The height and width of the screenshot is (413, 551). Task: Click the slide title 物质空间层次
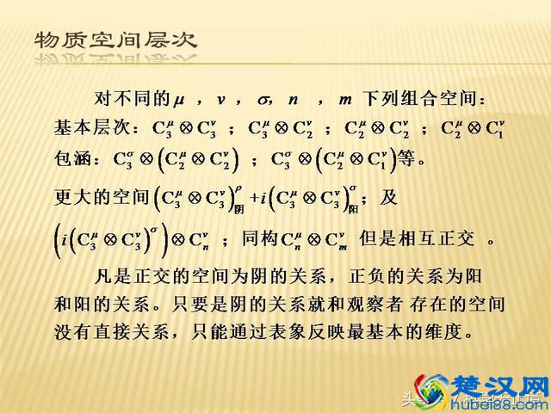click(x=115, y=40)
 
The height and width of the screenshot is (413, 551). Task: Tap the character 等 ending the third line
click(x=410, y=159)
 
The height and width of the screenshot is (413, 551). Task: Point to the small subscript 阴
click(x=238, y=208)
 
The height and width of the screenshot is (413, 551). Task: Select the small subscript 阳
click(x=351, y=208)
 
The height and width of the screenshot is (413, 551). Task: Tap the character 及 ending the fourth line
click(x=389, y=197)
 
